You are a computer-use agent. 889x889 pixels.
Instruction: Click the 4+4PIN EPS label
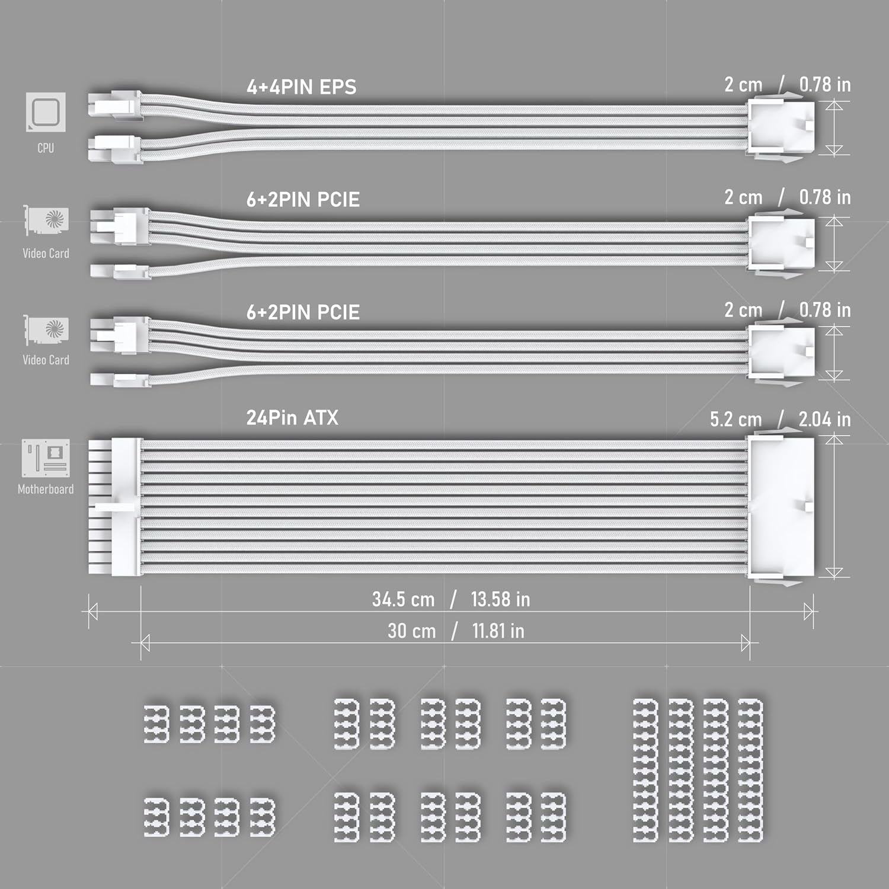pyautogui.click(x=301, y=87)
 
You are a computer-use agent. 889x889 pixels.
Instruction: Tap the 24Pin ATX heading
pyautogui.click(x=292, y=418)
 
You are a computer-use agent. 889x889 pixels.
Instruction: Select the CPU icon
pyautogui.click(x=46, y=112)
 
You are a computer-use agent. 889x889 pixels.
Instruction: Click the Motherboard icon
pyautogui.click(x=46, y=458)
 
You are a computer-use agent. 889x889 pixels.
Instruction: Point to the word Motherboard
pyautogui.click(x=46, y=490)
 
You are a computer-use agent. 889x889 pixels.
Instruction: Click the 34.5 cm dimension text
pyautogui.click(x=403, y=599)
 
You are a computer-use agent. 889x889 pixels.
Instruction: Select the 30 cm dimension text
pyautogui.click(x=412, y=631)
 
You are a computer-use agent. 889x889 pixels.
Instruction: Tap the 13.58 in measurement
pyautogui.click(x=500, y=599)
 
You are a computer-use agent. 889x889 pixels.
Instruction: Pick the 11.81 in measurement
pyautogui.click(x=498, y=631)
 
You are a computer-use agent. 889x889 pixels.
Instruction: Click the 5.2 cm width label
pyautogui.click(x=735, y=420)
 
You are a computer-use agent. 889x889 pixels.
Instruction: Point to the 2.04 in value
pyautogui.click(x=824, y=420)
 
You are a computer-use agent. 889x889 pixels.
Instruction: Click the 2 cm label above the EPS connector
pyautogui.click(x=743, y=85)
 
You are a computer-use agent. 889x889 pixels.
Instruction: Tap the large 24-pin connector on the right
pyautogui.click(x=782, y=509)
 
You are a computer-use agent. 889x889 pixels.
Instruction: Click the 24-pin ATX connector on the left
pyautogui.click(x=115, y=507)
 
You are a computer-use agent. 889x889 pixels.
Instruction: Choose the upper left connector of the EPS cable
pyautogui.click(x=115, y=106)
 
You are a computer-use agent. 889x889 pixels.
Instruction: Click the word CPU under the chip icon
pyautogui.click(x=46, y=148)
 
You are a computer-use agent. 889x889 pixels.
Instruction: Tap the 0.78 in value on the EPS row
pyautogui.click(x=824, y=85)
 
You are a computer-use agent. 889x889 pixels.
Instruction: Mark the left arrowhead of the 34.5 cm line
pyautogui.click(x=92, y=612)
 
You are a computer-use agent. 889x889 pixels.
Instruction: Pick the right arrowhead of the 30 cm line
pyautogui.click(x=746, y=642)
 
